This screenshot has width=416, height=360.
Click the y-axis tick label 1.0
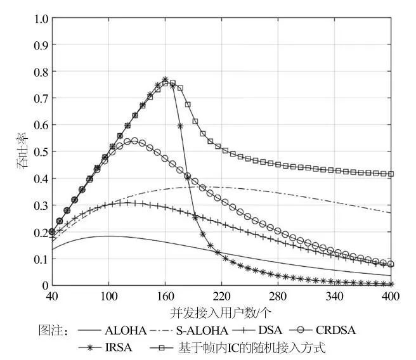pos(41,19)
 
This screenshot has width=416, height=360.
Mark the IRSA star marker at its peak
pos(165,80)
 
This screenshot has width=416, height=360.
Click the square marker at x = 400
pos(391,174)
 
